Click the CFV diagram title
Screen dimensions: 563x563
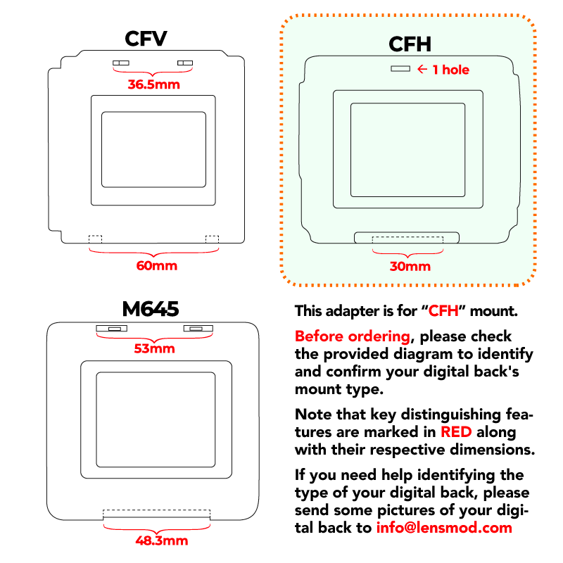[146, 39]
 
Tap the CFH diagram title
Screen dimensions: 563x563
[410, 44]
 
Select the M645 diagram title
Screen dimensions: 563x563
[151, 309]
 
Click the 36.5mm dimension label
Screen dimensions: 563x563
[153, 84]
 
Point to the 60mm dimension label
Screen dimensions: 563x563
[156, 266]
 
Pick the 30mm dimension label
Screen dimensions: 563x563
[410, 267]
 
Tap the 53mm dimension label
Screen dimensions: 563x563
[154, 348]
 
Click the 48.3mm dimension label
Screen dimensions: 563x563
[162, 540]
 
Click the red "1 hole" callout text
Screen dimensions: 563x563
[451, 70]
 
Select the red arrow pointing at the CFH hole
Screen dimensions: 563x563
[422, 69]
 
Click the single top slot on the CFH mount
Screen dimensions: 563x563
[400, 68]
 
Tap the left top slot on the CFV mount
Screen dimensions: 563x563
[121, 63]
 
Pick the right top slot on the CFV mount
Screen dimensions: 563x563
[185, 63]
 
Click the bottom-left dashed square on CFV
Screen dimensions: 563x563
[96, 239]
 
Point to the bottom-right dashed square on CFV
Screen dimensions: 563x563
[212, 239]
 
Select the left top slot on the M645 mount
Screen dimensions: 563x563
[111, 328]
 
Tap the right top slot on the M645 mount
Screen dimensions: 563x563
[198, 328]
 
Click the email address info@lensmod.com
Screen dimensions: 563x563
[444, 528]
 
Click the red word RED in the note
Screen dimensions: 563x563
[456, 432]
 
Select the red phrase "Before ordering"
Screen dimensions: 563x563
[353, 337]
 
